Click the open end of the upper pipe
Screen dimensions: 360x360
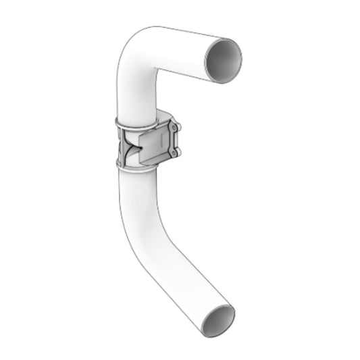coord(224,59)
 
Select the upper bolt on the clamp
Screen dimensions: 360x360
coord(175,129)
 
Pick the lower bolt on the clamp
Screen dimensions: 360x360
coord(174,155)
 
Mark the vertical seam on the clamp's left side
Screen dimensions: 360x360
coord(120,145)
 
